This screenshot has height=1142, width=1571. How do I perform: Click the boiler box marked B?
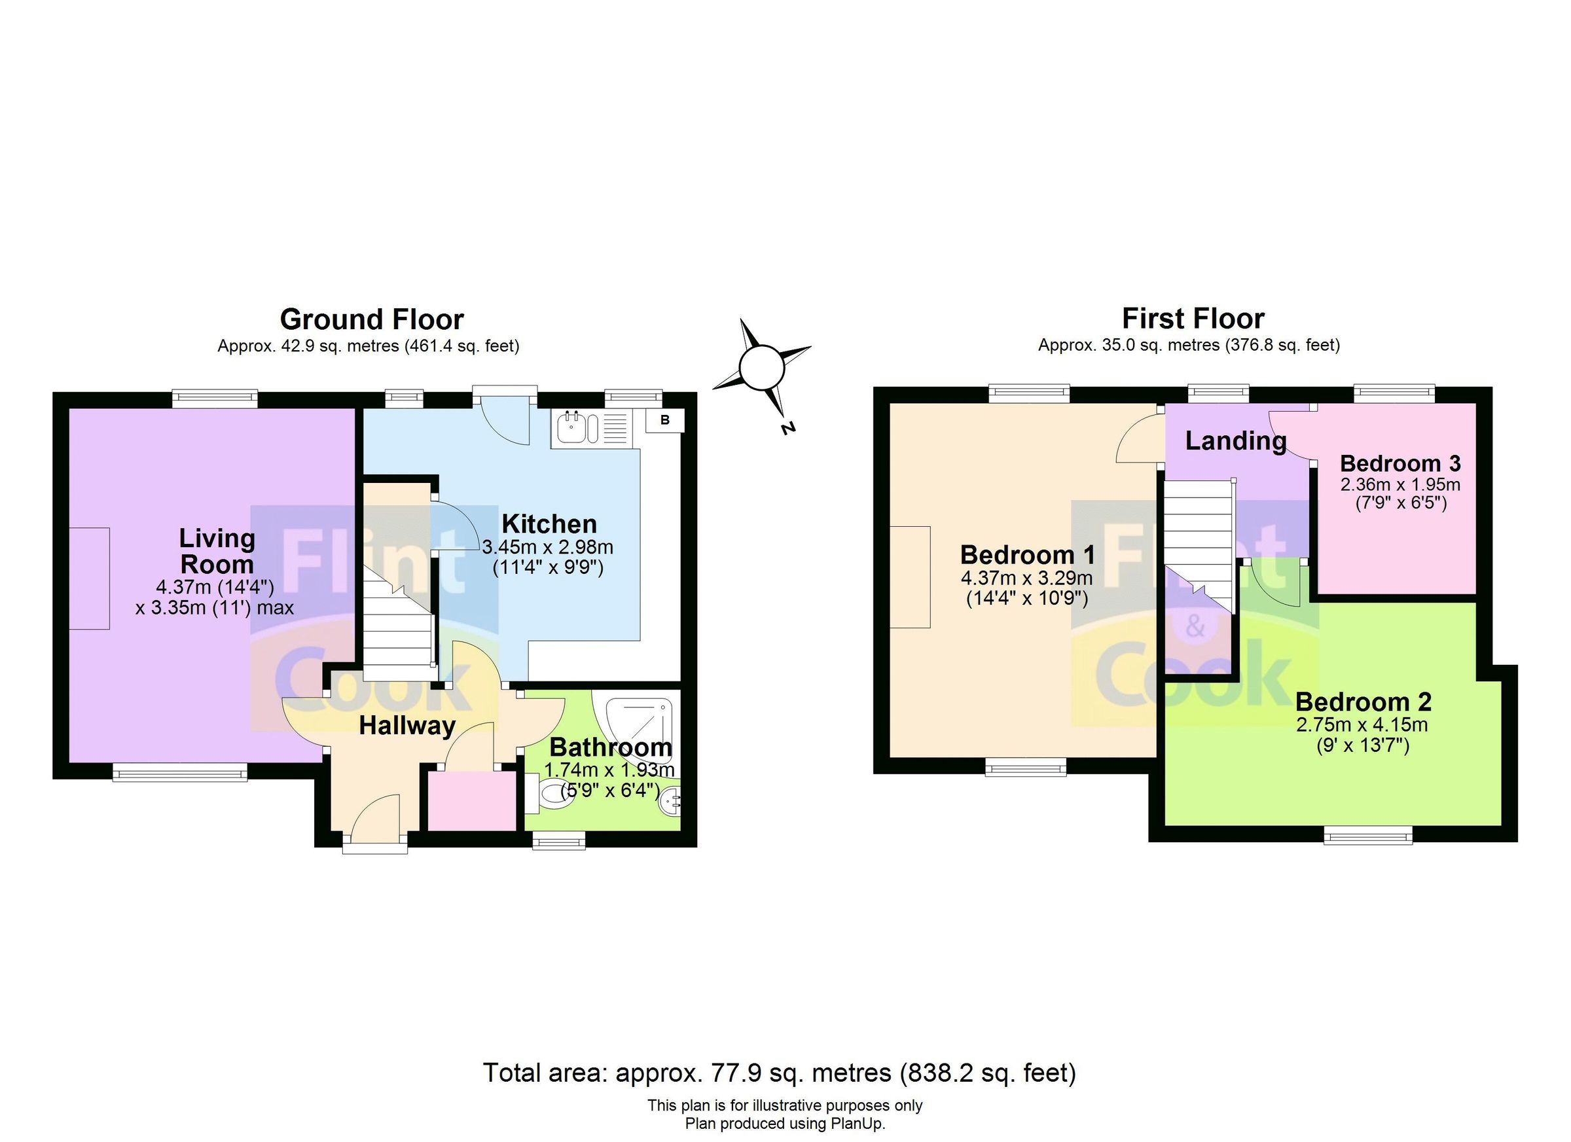(x=665, y=420)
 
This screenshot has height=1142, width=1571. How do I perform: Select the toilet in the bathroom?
(x=551, y=793)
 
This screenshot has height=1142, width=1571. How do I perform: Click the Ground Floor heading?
(x=371, y=319)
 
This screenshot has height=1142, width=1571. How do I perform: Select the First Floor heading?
(x=1193, y=319)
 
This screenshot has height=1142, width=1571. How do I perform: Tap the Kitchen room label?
(x=549, y=524)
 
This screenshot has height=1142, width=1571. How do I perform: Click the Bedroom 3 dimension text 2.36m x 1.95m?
(x=1400, y=484)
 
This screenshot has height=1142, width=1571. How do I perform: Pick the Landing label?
(x=1236, y=440)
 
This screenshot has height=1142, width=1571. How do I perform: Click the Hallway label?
(x=406, y=726)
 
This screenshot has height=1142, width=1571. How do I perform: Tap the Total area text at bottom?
(x=779, y=1073)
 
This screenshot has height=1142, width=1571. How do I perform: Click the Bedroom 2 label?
(x=1362, y=702)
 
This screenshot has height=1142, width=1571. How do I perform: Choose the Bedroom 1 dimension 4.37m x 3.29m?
(x=1026, y=578)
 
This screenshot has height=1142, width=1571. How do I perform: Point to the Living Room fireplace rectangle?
(x=90, y=579)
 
